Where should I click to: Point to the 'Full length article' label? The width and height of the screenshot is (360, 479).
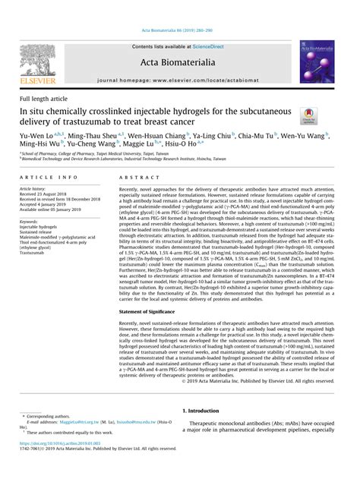coord(43,99)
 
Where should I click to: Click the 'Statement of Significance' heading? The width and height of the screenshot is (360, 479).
coord(151,311)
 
